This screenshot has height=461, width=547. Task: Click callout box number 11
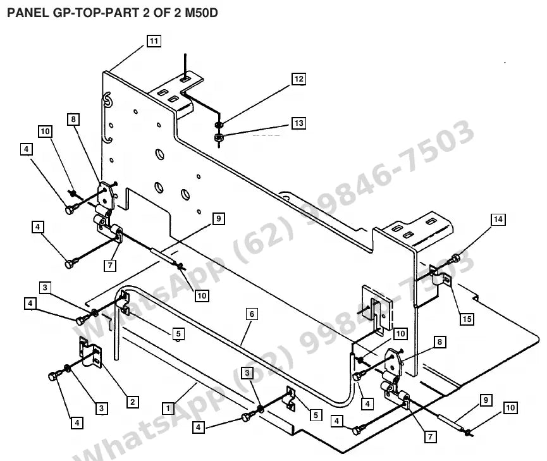point(154,41)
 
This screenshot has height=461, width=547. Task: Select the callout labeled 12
point(299,79)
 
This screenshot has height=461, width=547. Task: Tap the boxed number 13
point(299,123)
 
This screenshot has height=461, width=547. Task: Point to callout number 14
point(498,219)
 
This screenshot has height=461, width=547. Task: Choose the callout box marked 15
point(467,319)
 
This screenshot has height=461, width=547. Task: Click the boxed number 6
point(252,314)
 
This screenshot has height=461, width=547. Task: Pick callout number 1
point(168,409)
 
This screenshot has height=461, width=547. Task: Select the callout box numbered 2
point(133,402)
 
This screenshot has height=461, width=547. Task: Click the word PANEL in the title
point(28,13)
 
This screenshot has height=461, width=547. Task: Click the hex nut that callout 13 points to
point(218,137)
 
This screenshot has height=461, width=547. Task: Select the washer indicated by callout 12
point(219,125)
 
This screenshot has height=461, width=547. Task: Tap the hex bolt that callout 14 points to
point(455,259)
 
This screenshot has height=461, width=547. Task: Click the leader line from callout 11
point(127,58)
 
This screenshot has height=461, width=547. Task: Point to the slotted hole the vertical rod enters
point(185,79)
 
